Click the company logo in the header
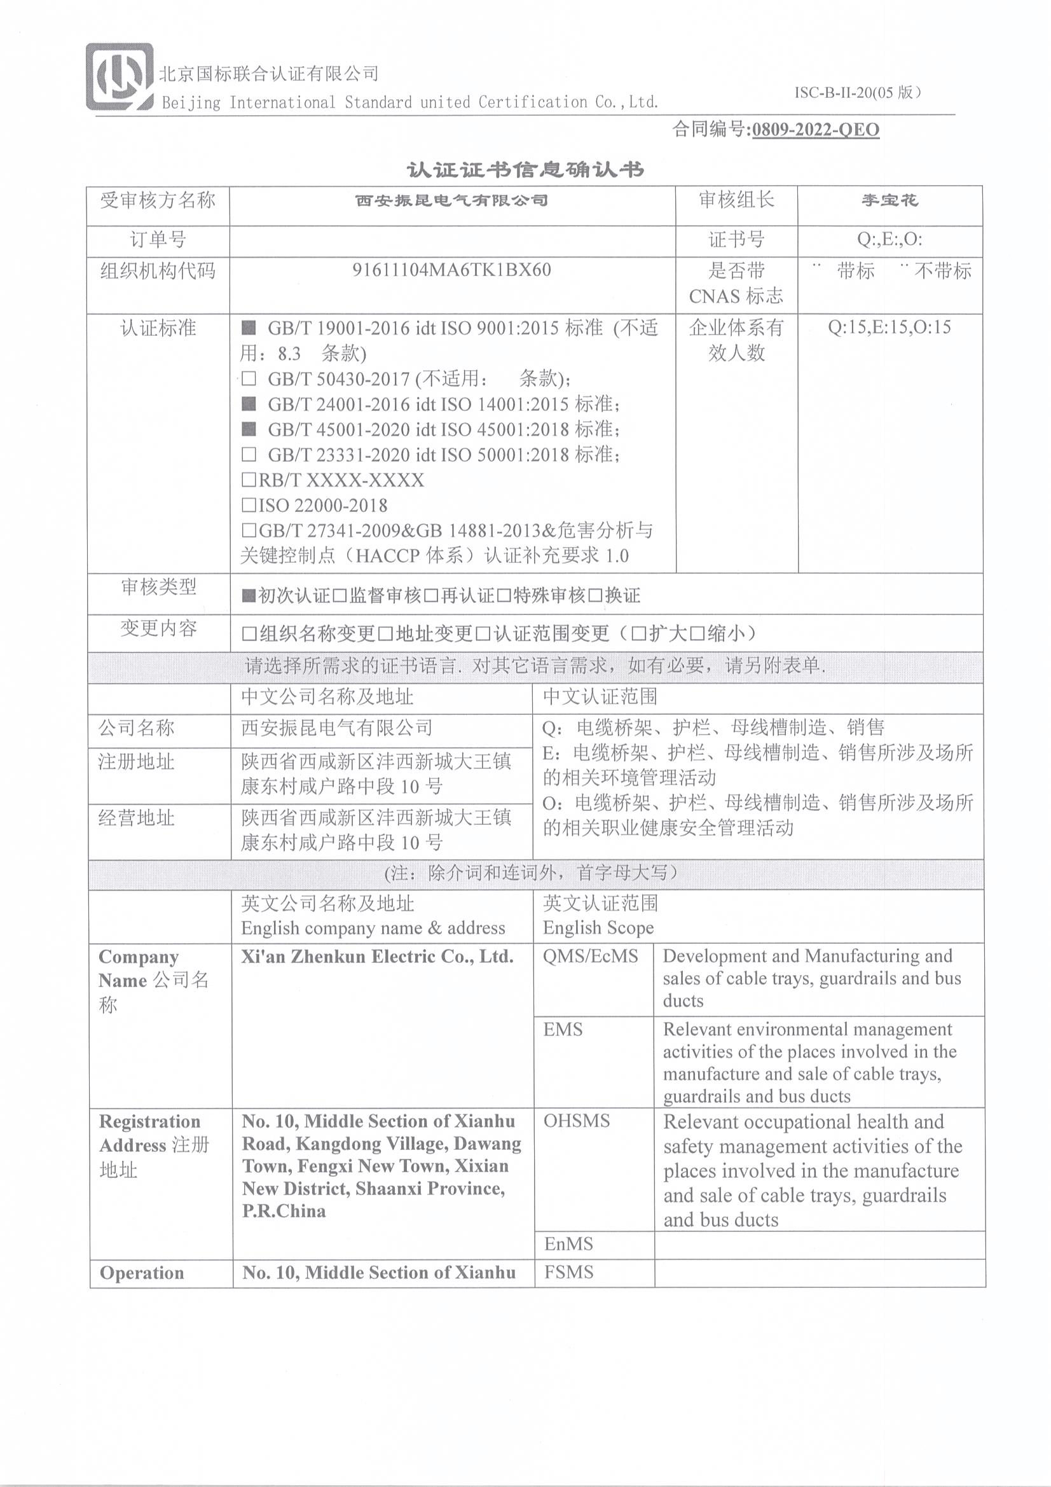click(119, 76)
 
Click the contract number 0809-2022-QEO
click(815, 130)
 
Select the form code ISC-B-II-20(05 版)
click(857, 93)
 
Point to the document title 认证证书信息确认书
click(525, 170)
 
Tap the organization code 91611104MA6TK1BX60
click(451, 270)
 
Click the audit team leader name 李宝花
click(890, 200)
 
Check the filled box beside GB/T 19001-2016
click(249, 328)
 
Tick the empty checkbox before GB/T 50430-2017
click(249, 378)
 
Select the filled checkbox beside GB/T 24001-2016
click(249, 404)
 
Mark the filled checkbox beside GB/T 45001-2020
click(249, 429)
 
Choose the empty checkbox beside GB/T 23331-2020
click(249, 455)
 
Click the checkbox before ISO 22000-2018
click(249, 505)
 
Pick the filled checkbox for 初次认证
click(249, 596)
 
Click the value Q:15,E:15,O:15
click(889, 327)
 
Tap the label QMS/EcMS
click(591, 957)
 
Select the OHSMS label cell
click(576, 1122)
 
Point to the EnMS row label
click(568, 1244)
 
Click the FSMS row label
click(568, 1273)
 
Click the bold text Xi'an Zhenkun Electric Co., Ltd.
click(377, 957)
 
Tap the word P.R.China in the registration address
click(284, 1211)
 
